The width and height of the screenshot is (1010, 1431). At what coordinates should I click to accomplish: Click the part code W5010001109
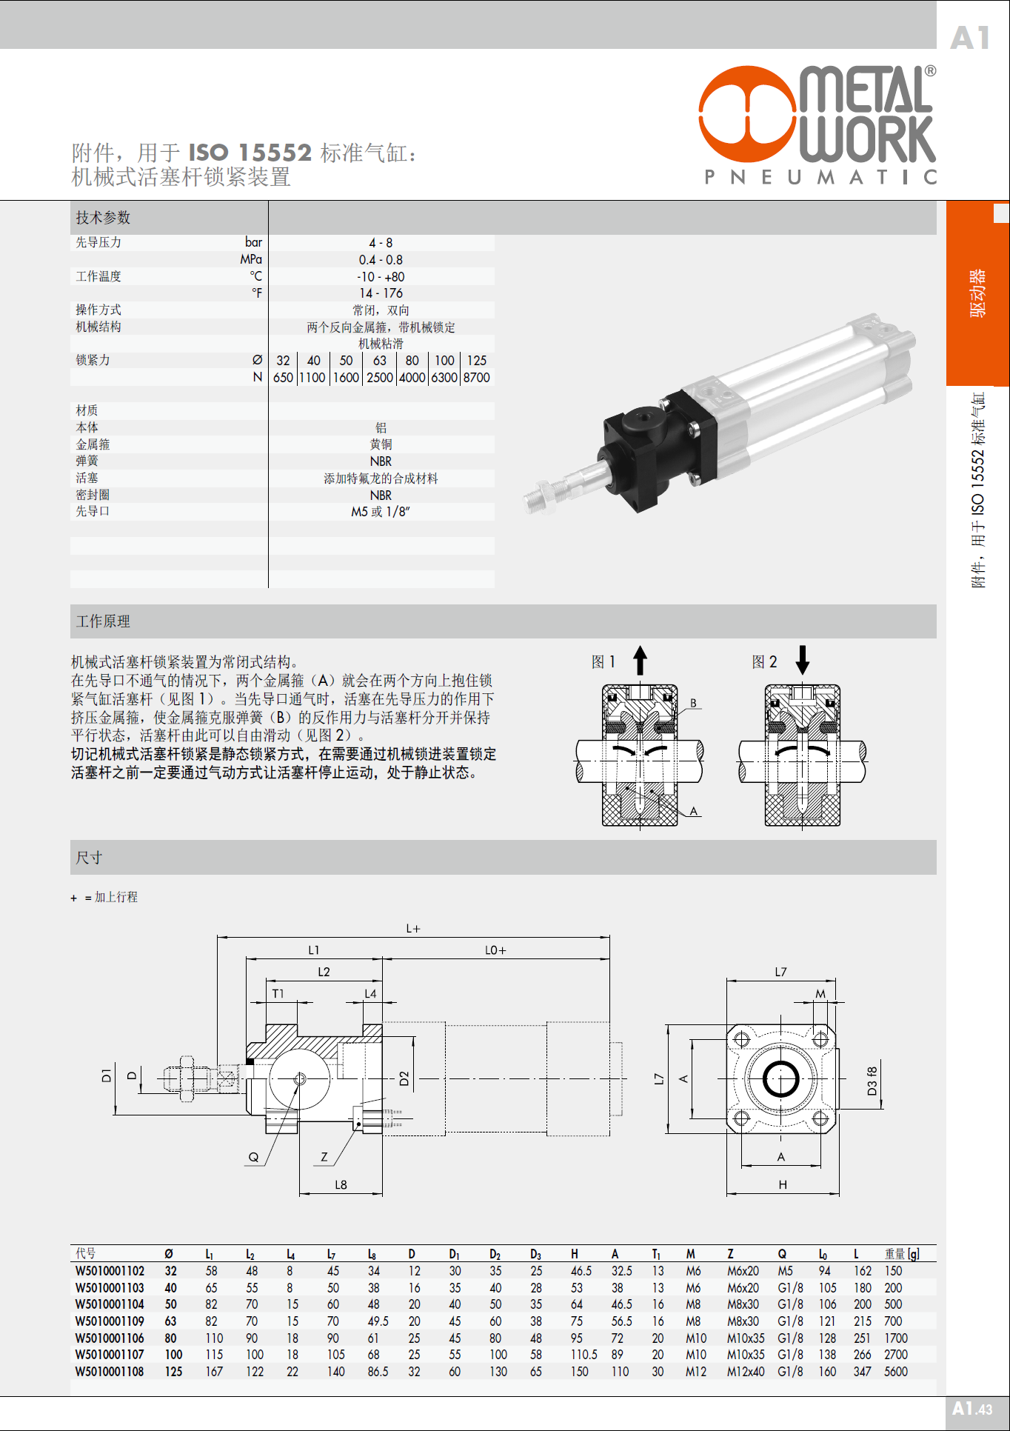pyautogui.click(x=110, y=1321)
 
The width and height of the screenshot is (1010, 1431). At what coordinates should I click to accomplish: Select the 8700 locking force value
pyautogui.click(x=477, y=378)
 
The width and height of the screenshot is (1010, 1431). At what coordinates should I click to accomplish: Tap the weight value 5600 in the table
pyautogui.click(x=896, y=1372)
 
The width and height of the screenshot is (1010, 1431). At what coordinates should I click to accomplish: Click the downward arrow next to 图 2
pyautogui.click(x=802, y=659)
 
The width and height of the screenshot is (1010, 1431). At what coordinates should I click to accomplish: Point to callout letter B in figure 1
pyautogui.click(x=693, y=703)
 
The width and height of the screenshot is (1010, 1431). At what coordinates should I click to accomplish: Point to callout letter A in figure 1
pyautogui.click(x=694, y=811)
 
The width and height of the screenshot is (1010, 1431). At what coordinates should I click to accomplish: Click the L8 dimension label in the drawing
pyautogui.click(x=341, y=1185)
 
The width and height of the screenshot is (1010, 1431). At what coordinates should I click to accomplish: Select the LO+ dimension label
pyautogui.click(x=495, y=950)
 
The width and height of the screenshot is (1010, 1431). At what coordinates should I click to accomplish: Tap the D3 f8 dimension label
pyautogui.click(x=872, y=1081)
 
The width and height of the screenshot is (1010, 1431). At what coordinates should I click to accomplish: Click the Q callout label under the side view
pyautogui.click(x=253, y=1157)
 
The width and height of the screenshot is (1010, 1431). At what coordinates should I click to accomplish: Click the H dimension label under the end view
pyautogui.click(x=783, y=1185)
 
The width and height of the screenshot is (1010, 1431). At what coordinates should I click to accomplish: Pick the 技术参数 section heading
pyautogui.click(x=103, y=218)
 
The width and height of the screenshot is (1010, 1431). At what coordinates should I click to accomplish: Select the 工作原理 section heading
pyautogui.click(x=103, y=621)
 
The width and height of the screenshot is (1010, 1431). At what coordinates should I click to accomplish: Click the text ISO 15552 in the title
pyautogui.click(x=250, y=153)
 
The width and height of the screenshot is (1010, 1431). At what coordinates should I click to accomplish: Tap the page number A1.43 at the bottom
pyautogui.click(x=971, y=1409)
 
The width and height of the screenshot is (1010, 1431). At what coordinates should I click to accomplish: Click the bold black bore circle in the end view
pyautogui.click(x=781, y=1078)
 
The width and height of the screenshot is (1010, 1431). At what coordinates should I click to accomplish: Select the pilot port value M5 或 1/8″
pyautogui.click(x=381, y=512)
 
